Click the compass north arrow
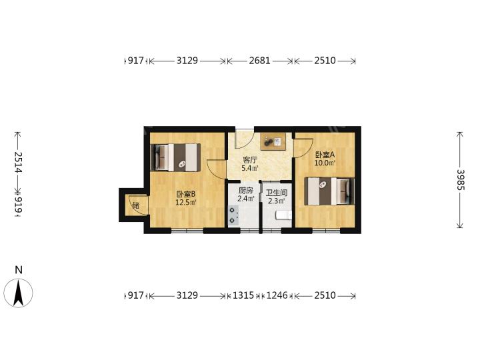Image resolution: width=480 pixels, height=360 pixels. click(19, 293)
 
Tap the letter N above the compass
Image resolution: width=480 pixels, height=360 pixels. click(19, 270)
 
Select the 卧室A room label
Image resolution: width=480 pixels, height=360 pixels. click(325, 155)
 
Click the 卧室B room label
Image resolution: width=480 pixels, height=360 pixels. click(185, 194)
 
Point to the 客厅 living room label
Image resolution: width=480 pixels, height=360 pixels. click(250, 160)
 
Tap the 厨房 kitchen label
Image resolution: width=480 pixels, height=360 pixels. click(246, 191)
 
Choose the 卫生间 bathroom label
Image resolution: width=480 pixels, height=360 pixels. click(277, 193)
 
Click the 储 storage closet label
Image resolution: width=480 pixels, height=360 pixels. click(136, 205)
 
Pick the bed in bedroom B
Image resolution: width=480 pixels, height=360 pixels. click(175, 157)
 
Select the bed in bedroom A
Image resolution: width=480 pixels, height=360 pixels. click(329, 191)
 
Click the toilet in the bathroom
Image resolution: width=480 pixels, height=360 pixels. click(283, 215)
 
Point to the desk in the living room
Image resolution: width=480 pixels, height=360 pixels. click(273, 141)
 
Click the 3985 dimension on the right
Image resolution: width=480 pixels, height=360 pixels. click(461, 180)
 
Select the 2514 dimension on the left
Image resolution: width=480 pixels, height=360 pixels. click(18, 162)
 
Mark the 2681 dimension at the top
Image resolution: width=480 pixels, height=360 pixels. click(259, 61)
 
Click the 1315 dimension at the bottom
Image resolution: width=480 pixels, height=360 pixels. click(243, 295)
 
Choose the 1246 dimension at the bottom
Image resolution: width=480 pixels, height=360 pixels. click(277, 295)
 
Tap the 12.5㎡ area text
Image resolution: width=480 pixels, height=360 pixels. click(185, 202)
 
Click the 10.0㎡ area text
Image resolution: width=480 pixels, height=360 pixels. click(325, 163)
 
